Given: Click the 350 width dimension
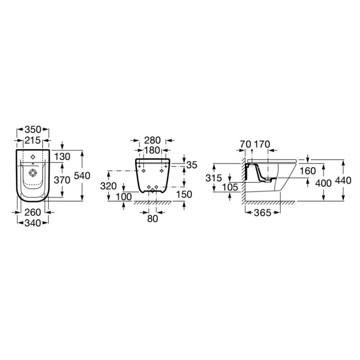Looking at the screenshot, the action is click(x=32, y=130).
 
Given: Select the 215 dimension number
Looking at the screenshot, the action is click(x=32, y=140).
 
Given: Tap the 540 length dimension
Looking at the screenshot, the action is click(x=82, y=175).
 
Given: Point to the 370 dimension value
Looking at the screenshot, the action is click(x=62, y=180).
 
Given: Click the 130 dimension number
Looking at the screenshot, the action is click(x=62, y=157).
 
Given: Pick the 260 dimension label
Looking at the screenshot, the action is click(x=32, y=212).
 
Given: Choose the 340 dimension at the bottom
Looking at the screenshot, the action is click(x=32, y=223).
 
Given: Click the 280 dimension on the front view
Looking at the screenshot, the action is click(x=153, y=140).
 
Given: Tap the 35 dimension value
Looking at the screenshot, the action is click(x=192, y=165).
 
